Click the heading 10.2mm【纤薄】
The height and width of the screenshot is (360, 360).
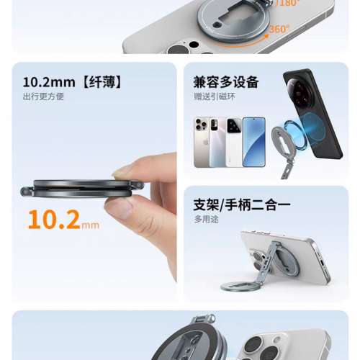tap(73, 82)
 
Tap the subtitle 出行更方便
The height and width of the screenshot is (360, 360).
tap(43, 96)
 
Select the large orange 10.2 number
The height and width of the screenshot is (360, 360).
tap(54, 220)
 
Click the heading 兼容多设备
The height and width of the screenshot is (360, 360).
tap(226, 82)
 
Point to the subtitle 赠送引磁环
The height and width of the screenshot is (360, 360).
tap(215, 96)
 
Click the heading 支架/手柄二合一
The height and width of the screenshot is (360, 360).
tap(242, 204)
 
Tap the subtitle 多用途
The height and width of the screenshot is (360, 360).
tap(206, 219)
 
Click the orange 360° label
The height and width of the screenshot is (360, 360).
tap(279, 29)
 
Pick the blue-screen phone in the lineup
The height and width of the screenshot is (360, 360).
tap(254, 142)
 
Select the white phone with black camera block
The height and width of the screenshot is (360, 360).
tap(234, 142)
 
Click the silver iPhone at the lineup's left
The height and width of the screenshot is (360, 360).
tap(202, 142)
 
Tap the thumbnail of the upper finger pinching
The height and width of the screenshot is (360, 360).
tap(120, 172)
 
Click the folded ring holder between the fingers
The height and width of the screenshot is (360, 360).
tap(82, 189)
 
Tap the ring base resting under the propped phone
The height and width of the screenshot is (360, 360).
tap(237, 286)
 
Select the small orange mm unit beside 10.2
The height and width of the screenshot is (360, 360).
tap(90, 225)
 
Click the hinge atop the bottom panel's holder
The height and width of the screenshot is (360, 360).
tap(204, 319)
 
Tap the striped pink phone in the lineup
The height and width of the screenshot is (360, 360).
tap(217, 142)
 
